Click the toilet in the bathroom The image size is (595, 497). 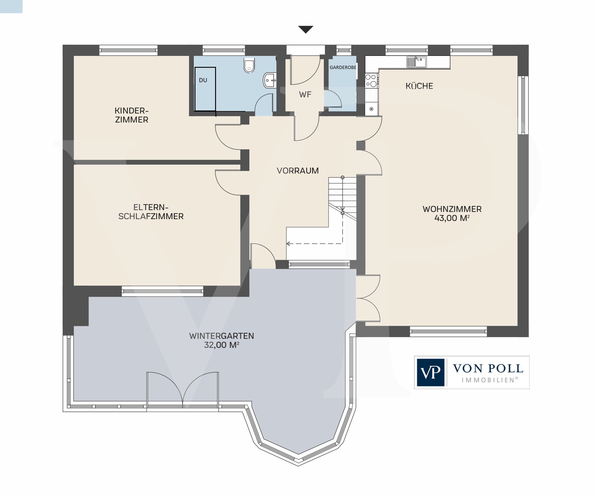[249, 65]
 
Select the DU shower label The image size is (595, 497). [203, 80]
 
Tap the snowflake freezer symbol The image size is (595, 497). [371, 109]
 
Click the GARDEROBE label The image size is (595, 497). [343, 68]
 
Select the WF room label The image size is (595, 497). [305, 95]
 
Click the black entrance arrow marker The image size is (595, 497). [306, 29]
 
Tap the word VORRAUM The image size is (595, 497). [297, 171]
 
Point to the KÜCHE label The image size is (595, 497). [419, 86]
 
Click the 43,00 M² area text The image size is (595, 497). [452, 218]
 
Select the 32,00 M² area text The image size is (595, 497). [222, 345]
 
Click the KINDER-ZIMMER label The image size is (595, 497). [131, 115]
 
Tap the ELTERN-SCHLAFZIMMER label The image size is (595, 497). [151, 212]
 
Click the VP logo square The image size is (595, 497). [430, 372]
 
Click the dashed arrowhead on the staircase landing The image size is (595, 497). [288, 244]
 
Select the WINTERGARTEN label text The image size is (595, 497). [222, 336]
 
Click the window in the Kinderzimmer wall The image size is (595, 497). [128, 50]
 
